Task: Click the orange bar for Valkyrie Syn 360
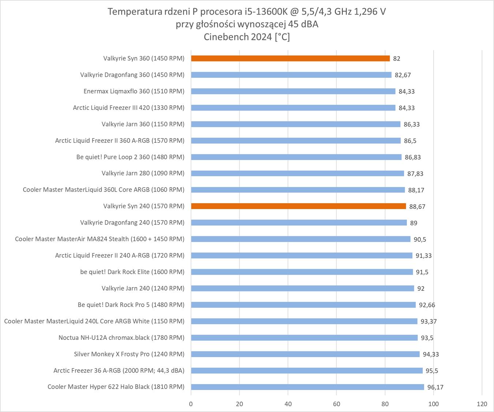coord(290,58)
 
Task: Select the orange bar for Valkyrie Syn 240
coord(298,206)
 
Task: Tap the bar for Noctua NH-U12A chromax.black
coord(304,338)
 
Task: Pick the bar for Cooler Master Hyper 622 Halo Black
coord(307,387)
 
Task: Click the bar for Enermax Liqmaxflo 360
coord(293,91)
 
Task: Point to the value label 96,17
coord(435,387)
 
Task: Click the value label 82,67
coord(403,75)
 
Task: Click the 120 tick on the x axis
coord(482,404)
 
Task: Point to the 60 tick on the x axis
coord(336,404)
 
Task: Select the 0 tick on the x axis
coord(191,404)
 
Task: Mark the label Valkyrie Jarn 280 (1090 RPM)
coord(143,173)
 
